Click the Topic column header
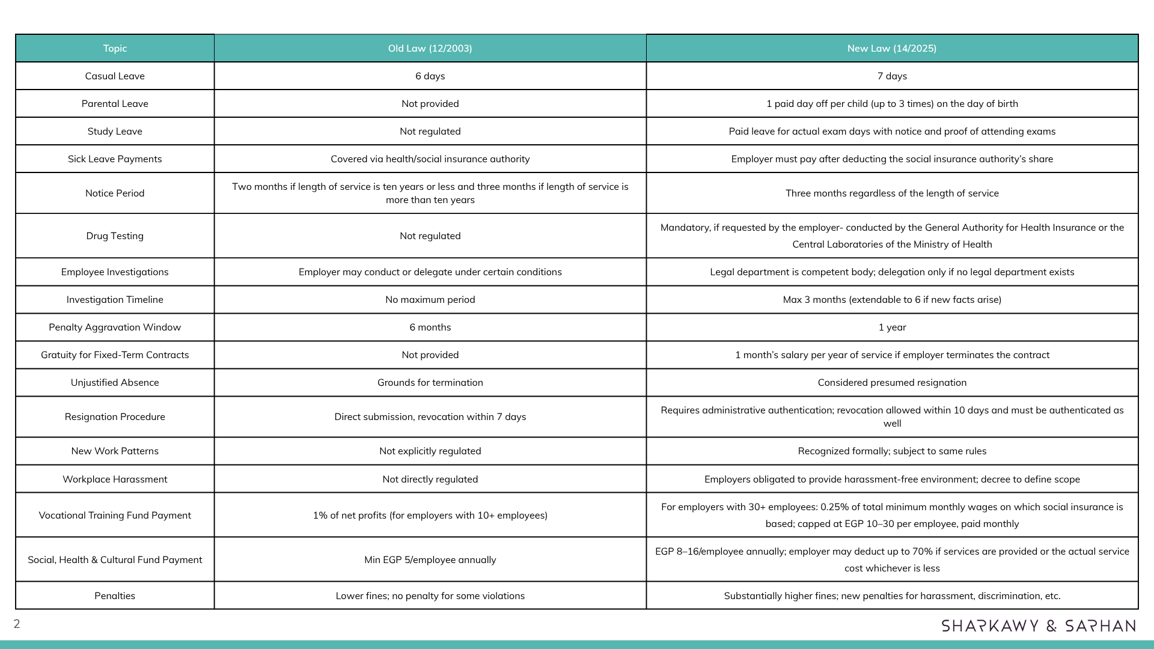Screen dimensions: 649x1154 click(115, 49)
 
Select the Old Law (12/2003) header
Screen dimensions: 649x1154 click(430, 49)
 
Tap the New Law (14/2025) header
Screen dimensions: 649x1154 click(891, 49)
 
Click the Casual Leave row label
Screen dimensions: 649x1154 click(115, 76)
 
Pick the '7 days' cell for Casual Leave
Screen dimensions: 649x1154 click(892, 76)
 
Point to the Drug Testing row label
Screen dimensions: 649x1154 click(115, 236)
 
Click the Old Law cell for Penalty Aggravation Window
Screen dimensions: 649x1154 click(430, 328)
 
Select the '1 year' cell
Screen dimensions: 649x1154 click(892, 328)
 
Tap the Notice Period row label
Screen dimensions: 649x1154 click(115, 193)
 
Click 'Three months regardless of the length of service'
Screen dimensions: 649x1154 click(892, 193)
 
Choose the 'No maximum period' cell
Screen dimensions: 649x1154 click(430, 300)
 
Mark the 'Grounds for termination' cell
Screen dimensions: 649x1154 click(430, 383)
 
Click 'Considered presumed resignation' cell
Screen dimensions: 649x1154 click(892, 383)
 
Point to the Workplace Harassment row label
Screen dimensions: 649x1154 click(115, 480)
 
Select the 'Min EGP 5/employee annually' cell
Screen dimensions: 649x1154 click(430, 560)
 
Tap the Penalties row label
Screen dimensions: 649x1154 click(115, 596)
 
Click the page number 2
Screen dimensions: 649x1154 click(17, 624)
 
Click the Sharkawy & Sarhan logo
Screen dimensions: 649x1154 click(1038, 626)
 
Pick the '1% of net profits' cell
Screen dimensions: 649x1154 click(430, 516)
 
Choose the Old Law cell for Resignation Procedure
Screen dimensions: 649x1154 click(430, 417)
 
